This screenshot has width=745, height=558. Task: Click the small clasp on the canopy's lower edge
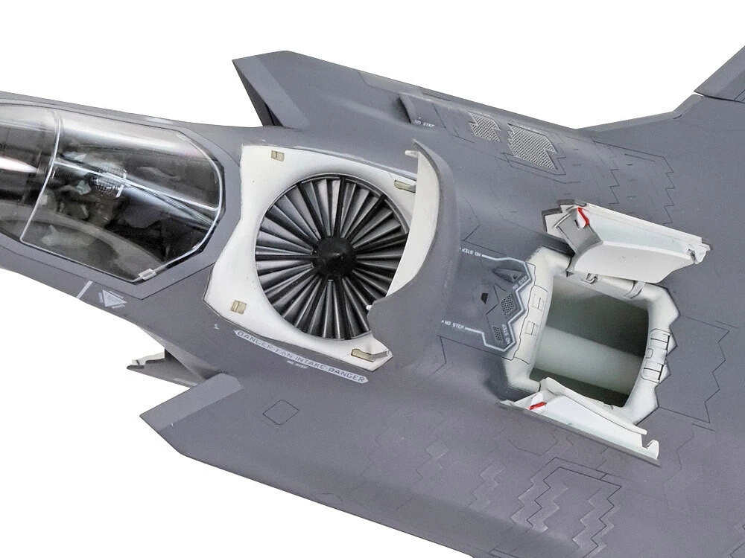tap(146, 276)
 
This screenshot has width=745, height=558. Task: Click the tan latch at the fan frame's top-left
tap(275, 157)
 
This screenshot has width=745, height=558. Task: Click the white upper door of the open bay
tap(630, 231)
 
